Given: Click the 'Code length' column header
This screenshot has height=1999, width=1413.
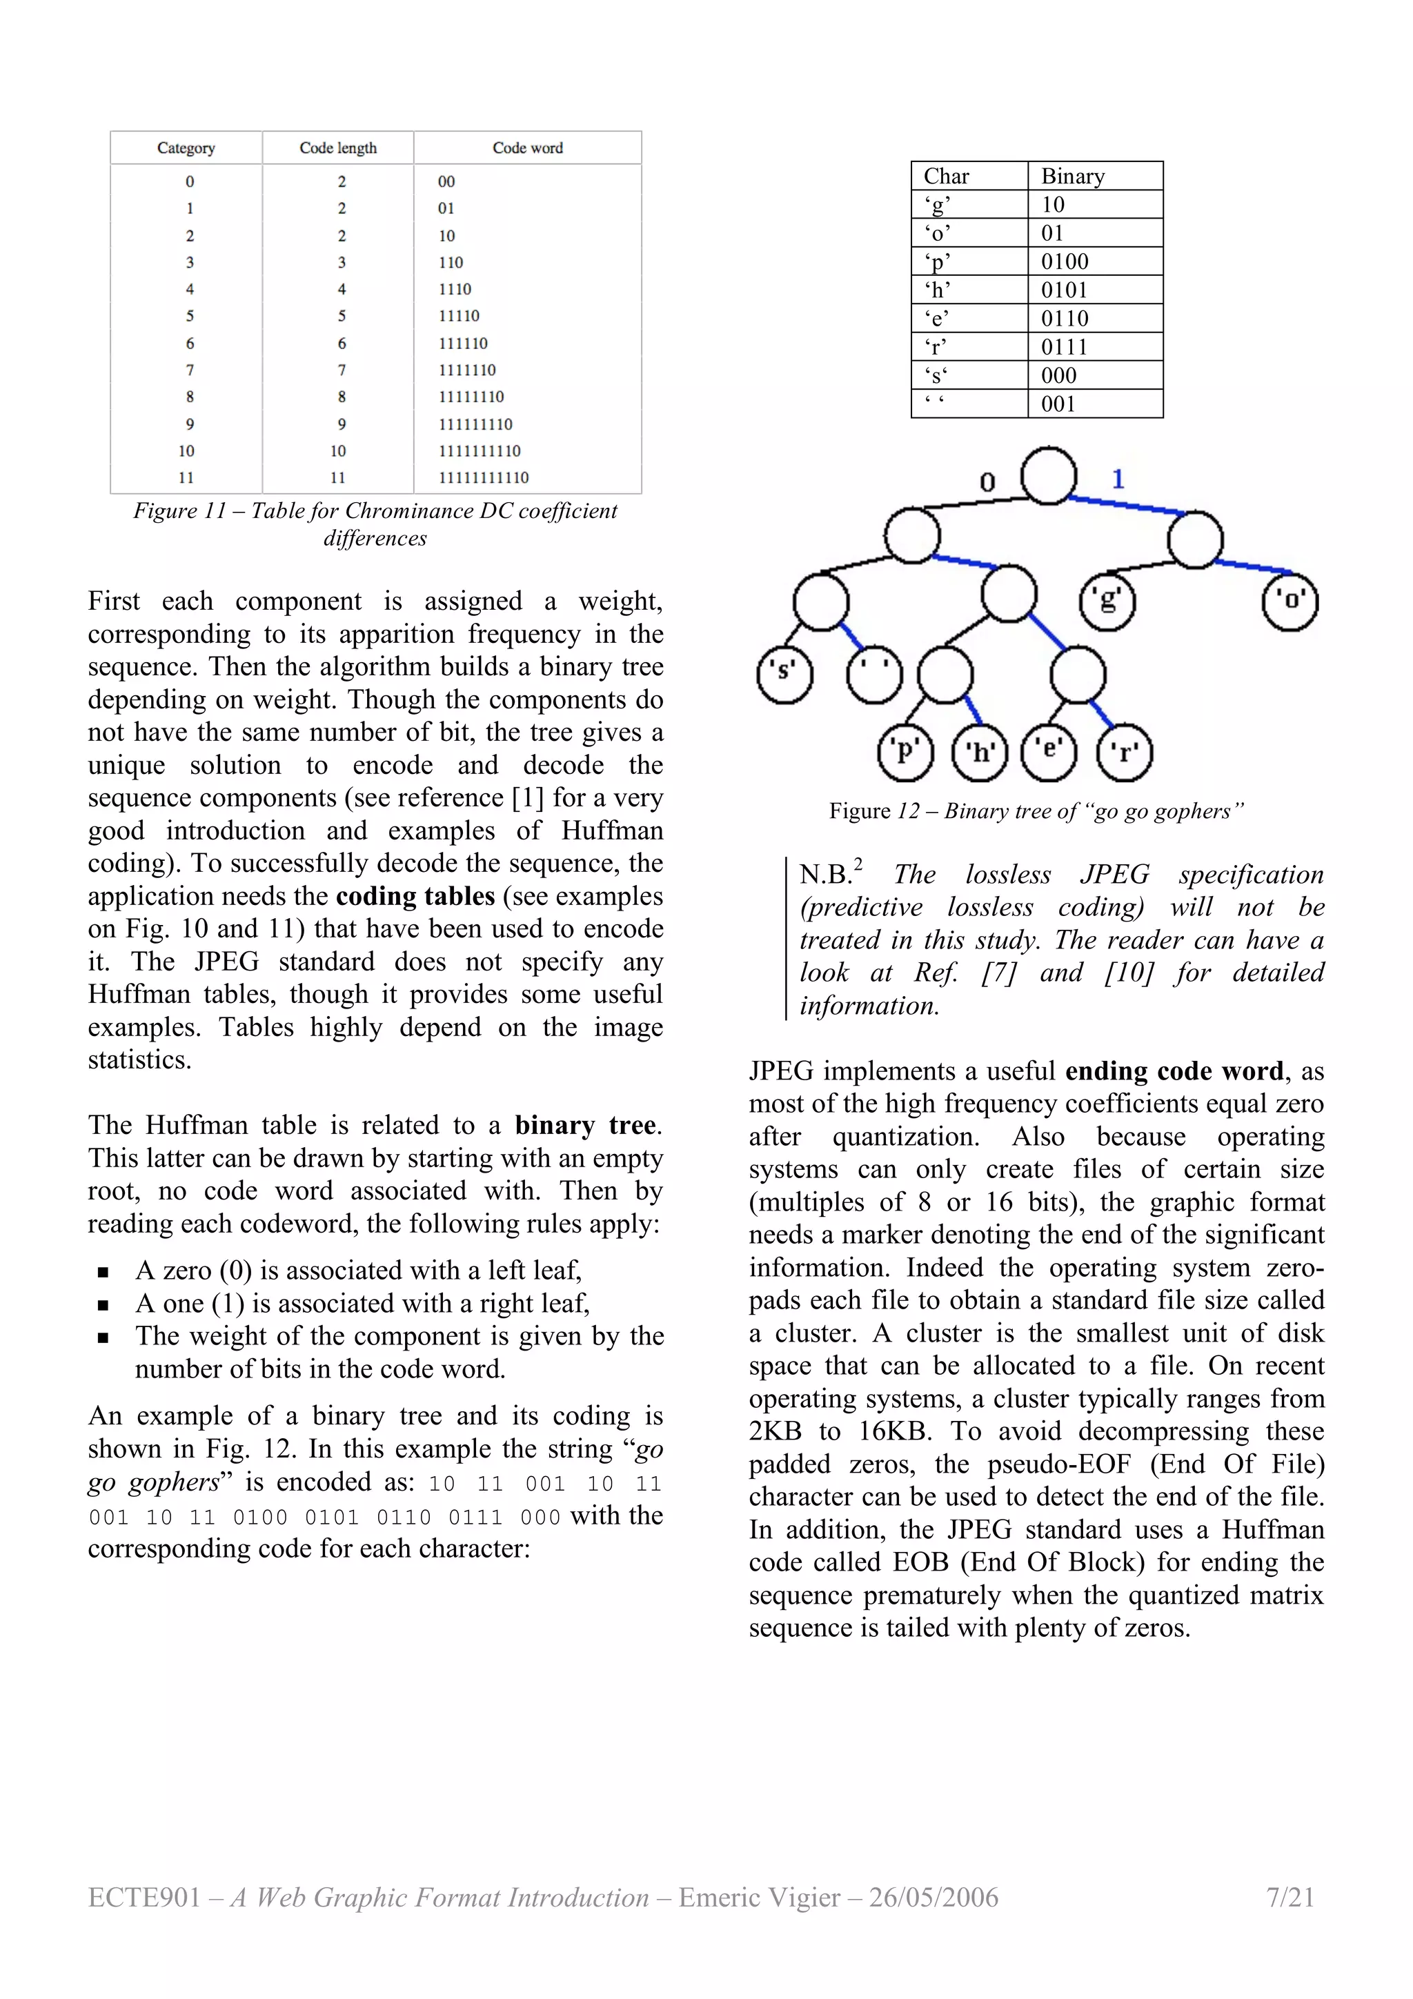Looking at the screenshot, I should coord(338,148).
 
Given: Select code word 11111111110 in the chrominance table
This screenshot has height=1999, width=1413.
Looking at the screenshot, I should coord(483,478).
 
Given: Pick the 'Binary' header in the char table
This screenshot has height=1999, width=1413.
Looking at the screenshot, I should coord(1073,177).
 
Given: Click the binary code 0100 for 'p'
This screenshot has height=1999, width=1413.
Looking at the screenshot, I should coord(1064,261).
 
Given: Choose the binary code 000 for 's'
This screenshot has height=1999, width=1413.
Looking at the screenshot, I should coord(1058,375).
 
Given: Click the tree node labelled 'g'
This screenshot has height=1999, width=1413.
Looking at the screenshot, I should coord(1107,601).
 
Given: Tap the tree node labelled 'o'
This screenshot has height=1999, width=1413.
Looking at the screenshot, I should coord(1290,601).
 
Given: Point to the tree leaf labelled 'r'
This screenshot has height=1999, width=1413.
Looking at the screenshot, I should coord(1125,753).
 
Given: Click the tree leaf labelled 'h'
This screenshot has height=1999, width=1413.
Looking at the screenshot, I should coord(980,753).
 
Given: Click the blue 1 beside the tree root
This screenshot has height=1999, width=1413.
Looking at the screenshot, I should coord(1118,479).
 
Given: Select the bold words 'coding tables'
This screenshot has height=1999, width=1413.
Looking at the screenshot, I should coord(415,896).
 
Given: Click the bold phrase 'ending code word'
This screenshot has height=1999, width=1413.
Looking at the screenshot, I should coord(1174,1071).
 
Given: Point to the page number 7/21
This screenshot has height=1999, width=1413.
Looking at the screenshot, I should coord(1290,1897).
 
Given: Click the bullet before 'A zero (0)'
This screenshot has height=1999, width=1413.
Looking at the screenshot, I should coord(103,1272).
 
